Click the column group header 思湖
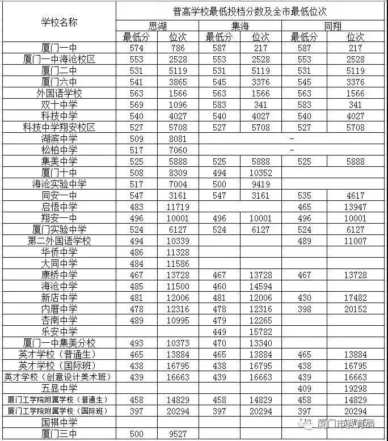158,26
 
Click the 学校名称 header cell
59,22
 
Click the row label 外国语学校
59,94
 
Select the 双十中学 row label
59,105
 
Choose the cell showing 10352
261,173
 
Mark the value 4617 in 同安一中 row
356,196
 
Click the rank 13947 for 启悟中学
356,207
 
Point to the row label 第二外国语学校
59,241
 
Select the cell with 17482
356,297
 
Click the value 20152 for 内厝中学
356,309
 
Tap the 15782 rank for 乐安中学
261,331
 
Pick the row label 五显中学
59,388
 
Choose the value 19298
356,388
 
